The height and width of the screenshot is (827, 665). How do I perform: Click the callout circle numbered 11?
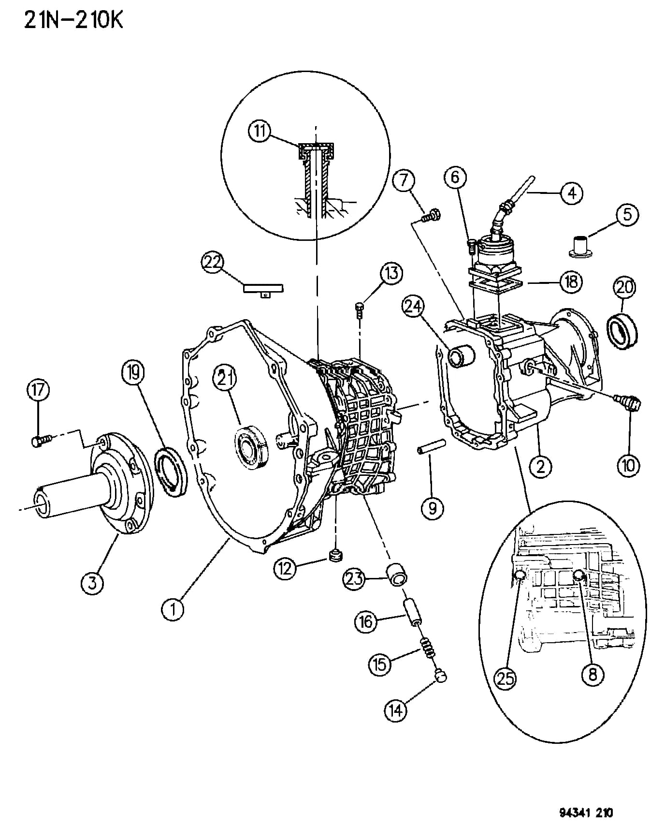[260, 132]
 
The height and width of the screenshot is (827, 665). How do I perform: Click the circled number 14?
[395, 710]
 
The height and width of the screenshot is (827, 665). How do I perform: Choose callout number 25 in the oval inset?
[506, 679]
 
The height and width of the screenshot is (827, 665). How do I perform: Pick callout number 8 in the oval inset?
[593, 674]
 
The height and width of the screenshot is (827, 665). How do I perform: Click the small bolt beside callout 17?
[41, 441]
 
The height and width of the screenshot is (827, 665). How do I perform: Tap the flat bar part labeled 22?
[263, 289]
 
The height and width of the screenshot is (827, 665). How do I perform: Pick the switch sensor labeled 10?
[627, 402]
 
